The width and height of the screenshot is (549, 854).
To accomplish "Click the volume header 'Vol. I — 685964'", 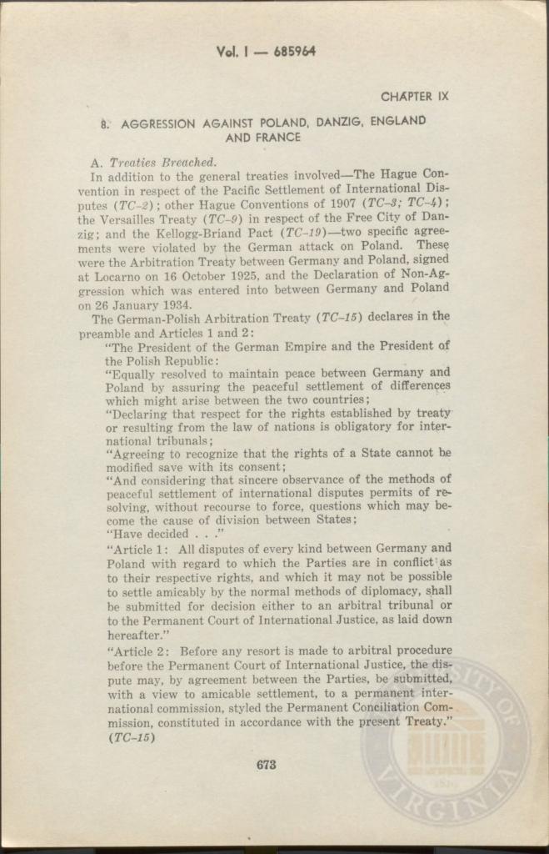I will point(266,52).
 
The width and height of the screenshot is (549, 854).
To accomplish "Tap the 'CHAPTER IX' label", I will point(414,97).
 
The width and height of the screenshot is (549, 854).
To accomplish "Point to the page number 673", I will point(267,764).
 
